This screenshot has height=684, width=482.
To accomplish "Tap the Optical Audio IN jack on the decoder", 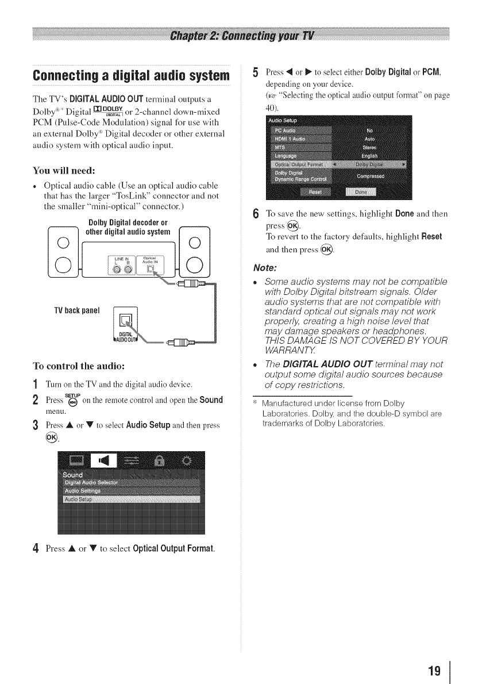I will [151, 268].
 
